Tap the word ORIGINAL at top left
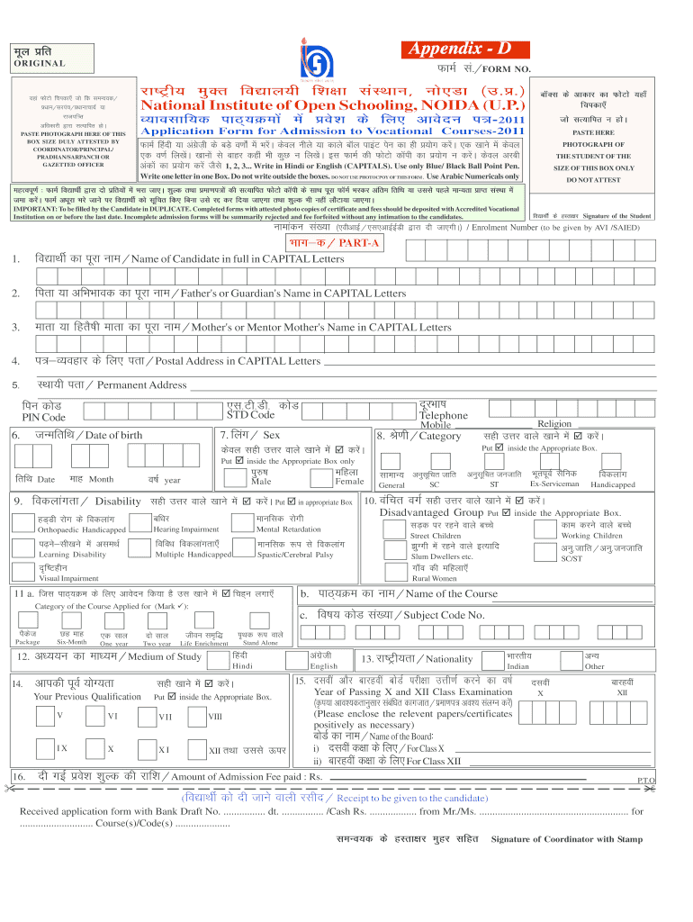(x=37, y=64)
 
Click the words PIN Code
(x=43, y=417)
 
